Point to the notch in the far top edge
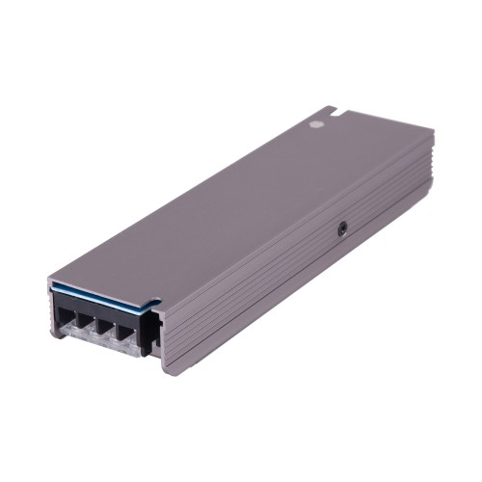click(332, 112)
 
